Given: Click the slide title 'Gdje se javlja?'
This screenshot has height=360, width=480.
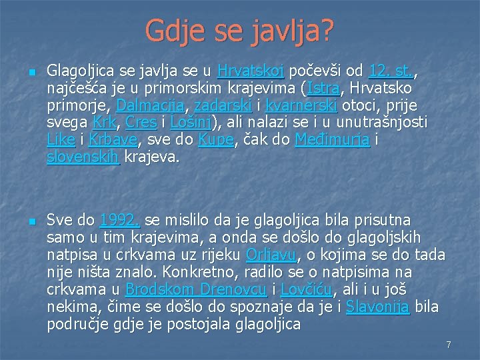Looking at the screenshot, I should click(240, 30).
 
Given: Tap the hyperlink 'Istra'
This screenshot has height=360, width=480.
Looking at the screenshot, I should click(322, 89).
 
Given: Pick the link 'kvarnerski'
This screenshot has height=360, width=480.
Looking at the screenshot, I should click(301, 106).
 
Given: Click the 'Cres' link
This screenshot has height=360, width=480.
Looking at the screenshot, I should click(141, 123).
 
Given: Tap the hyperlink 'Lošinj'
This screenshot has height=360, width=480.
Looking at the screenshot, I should click(192, 123).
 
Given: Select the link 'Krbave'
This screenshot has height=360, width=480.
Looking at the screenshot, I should click(113, 141).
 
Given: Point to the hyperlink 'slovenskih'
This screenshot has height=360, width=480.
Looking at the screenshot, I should click(83, 158).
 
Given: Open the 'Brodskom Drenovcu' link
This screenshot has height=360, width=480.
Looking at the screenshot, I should click(196, 289).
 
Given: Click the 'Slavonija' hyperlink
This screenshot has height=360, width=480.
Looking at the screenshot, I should click(378, 307).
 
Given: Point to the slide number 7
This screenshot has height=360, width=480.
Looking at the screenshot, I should click(449, 345).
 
